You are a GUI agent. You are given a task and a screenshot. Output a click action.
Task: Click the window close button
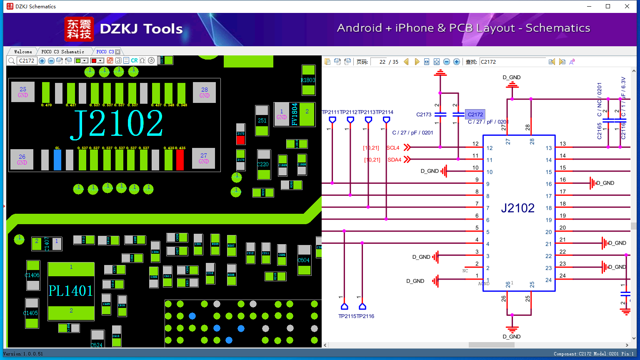click(627, 6)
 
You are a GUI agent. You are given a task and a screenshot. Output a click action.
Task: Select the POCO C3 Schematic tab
click(62, 52)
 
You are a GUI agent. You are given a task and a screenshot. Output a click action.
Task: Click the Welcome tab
click(23, 52)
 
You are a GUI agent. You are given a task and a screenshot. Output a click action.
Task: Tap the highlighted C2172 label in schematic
click(475, 114)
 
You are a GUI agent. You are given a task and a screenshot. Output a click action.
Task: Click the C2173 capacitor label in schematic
click(424, 114)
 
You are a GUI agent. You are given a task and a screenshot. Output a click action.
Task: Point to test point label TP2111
click(330, 112)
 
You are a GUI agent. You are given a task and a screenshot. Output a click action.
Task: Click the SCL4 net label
click(393, 147)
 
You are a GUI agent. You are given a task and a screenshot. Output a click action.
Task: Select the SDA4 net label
click(394, 160)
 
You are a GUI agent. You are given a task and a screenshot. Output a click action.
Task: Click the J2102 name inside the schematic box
click(517, 208)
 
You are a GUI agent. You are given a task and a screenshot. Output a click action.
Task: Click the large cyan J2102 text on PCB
click(117, 124)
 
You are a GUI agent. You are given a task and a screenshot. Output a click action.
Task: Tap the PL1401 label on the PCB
click(70, 290)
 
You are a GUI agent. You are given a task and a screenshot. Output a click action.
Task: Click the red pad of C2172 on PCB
click(240, 140)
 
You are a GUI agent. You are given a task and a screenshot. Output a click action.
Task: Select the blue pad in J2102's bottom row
click(57, 160)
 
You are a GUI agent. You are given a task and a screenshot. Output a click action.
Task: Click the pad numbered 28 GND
click(204, 92)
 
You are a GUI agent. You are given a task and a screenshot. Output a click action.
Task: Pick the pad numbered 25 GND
click(23, 92)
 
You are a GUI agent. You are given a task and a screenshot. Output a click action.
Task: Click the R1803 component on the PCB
click(308, 80)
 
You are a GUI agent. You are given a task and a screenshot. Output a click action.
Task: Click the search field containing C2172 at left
click(27, 61)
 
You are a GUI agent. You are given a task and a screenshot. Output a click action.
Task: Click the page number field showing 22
click(379, 62)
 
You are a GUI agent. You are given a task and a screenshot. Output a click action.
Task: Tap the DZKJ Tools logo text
click(141, 29)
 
